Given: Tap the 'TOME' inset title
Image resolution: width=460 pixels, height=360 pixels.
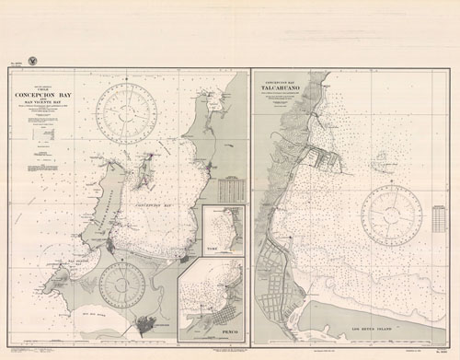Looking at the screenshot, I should pyautogui.click(x=215, y=245).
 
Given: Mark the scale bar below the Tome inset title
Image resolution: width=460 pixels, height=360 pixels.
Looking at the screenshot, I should pyautogui.click(x=215, y=250).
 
